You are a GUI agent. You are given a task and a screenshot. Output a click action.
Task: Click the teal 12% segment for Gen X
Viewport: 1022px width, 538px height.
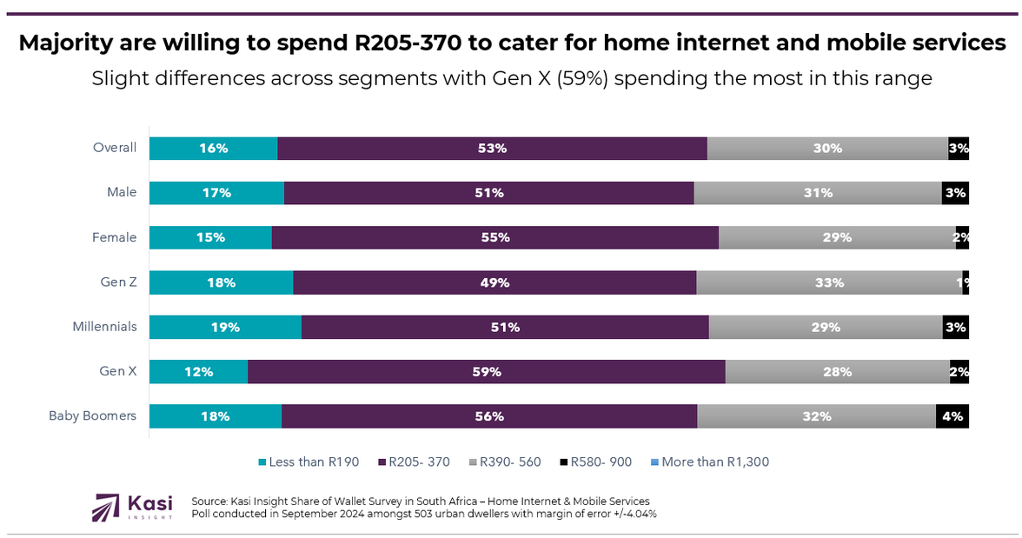click(198, 372)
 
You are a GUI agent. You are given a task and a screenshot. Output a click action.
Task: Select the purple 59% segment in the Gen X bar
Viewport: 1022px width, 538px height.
click(487, 372)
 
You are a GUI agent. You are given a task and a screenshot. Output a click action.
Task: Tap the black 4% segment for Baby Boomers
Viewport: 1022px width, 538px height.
click(952, 416)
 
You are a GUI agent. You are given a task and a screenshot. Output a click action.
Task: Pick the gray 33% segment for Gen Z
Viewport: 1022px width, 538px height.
click(829, 282)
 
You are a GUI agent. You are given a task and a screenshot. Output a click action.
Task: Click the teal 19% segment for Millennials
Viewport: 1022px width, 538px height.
click(225, 328)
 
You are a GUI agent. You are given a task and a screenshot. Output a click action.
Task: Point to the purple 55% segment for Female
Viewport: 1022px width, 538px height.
click(495, 238)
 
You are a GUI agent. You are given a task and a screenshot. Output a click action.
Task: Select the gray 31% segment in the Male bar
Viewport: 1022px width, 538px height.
click(818, 193)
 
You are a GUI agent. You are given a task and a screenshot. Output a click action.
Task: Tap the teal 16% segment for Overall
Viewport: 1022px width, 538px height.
click(213, 149)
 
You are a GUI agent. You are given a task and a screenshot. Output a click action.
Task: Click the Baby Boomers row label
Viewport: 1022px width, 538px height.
click(92, 416)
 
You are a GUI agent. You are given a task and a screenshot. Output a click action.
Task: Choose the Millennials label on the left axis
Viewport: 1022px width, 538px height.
click(104, 328)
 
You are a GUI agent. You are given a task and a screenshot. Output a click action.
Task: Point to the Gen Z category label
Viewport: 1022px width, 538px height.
click(118, 282)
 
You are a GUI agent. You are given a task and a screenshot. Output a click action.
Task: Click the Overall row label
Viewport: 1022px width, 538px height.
click(115, 148)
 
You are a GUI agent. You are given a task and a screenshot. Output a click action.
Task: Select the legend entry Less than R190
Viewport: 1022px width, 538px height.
click(309, 462)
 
